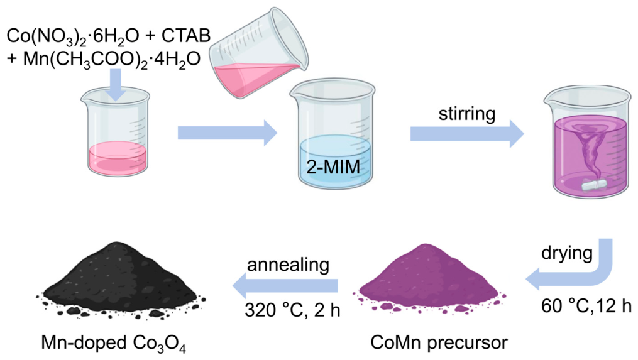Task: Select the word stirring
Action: point(466,114)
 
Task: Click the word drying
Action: point(567,253)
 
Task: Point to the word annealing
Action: point(288,265)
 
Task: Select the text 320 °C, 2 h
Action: point(292,310)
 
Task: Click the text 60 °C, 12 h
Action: point(586,306)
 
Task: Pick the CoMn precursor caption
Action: point(439,342)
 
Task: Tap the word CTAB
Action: point(186,36)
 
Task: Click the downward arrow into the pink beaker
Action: point(116,84)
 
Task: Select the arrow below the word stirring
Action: point(466,134)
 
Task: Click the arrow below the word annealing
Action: point(285,286)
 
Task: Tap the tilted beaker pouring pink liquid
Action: point(259,53)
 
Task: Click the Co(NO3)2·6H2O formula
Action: point(73,36)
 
